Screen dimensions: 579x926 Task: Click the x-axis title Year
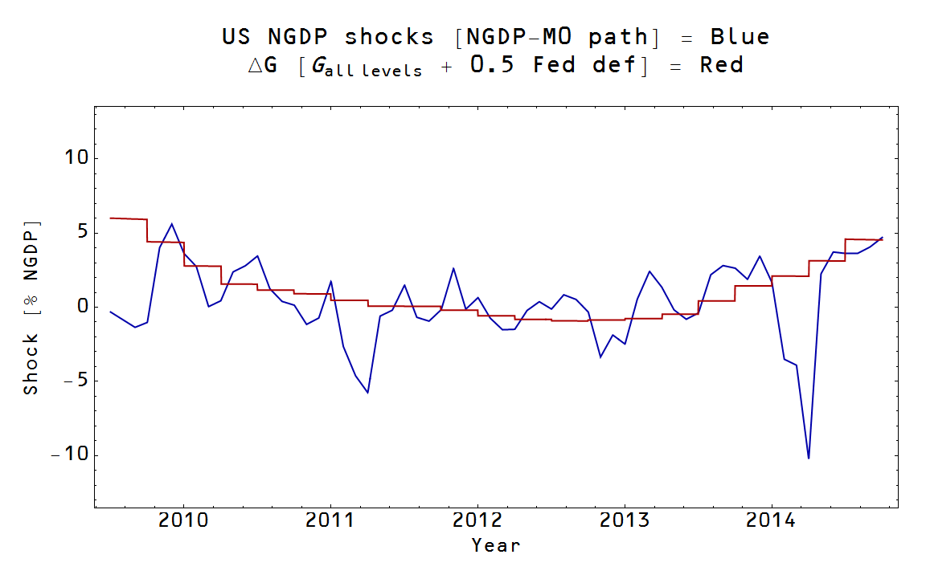pos(495,546)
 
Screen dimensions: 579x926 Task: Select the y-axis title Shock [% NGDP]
pos(31,307)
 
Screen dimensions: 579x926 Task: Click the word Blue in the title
pos(740,37)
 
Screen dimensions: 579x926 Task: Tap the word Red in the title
pos(721,65)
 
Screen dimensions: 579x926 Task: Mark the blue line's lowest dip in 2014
pos(809,458)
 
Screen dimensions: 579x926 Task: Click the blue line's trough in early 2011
pos(367,393)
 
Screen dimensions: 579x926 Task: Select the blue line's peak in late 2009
pos(171,224)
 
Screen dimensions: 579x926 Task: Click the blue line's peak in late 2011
pos(453,268)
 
